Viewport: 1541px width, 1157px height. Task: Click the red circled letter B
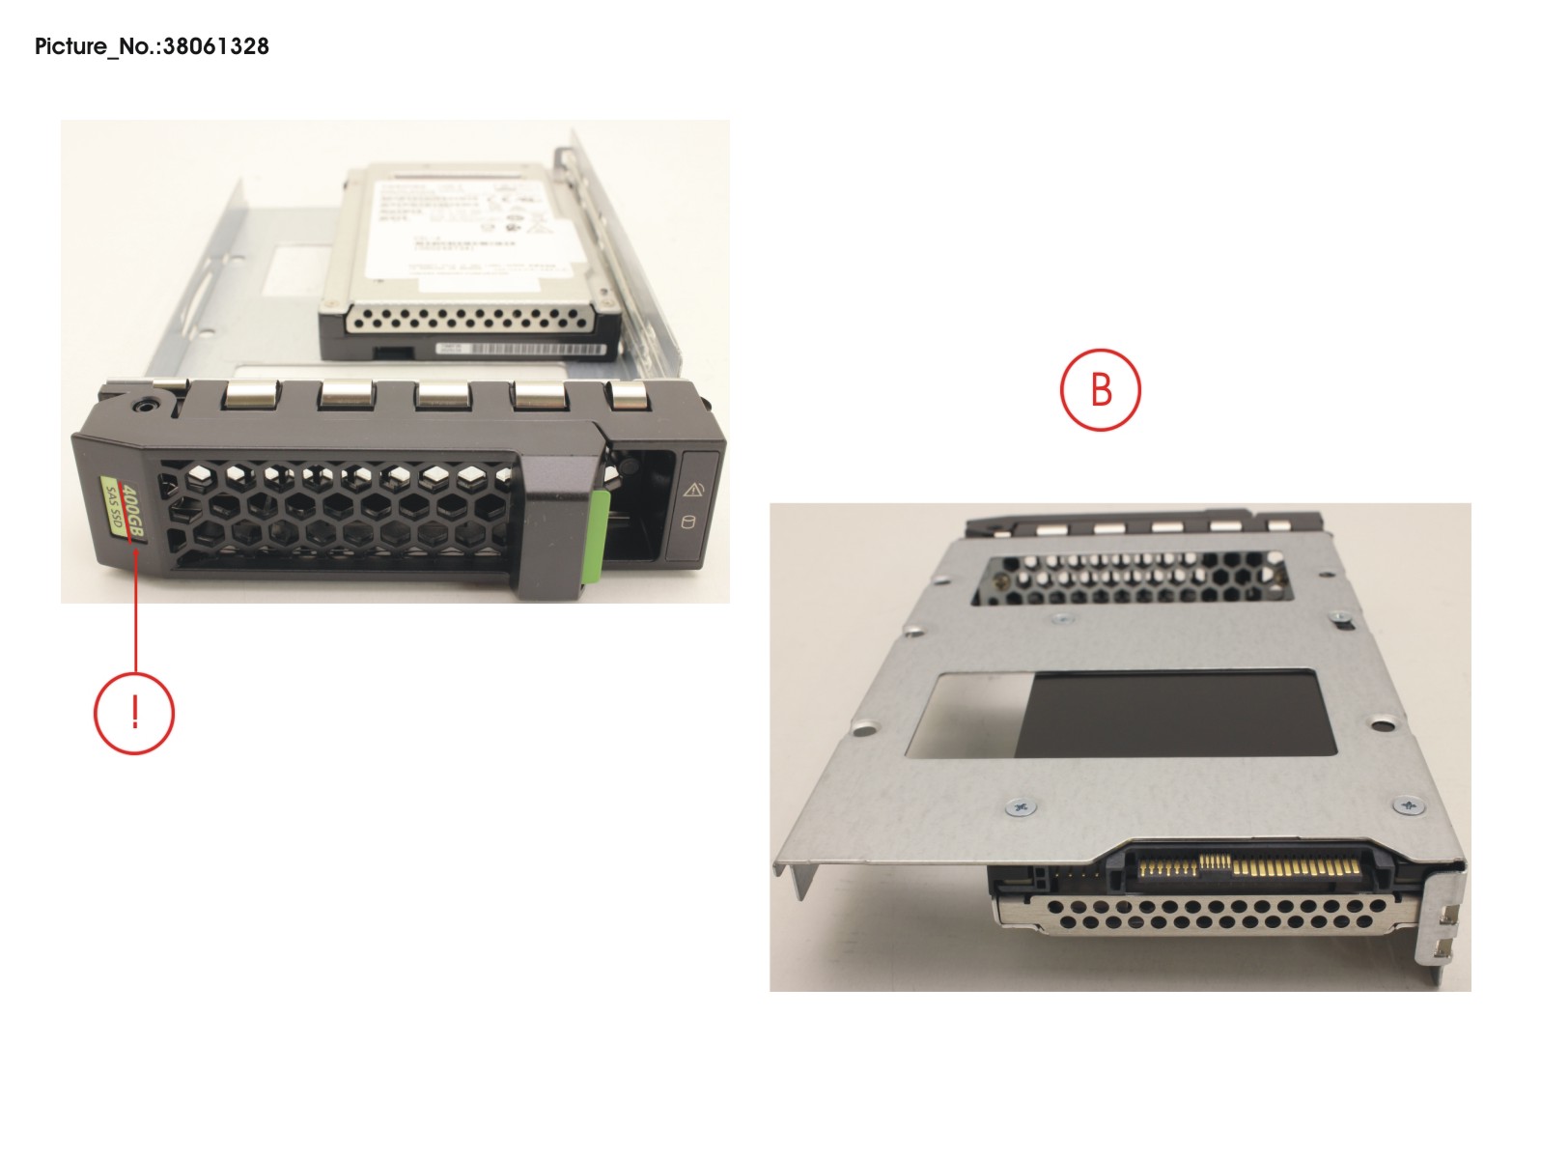coord(1100,390)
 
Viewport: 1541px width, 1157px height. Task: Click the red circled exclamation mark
coord(134,714)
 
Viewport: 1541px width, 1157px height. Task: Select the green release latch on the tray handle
coord(597,536)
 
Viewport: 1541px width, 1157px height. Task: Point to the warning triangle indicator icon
coord(692,490)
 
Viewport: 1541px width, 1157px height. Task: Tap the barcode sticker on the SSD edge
coord(522,349)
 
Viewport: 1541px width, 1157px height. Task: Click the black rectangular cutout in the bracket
coord(1183,713)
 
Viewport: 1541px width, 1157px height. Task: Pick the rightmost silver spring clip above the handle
coord(629,394)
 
